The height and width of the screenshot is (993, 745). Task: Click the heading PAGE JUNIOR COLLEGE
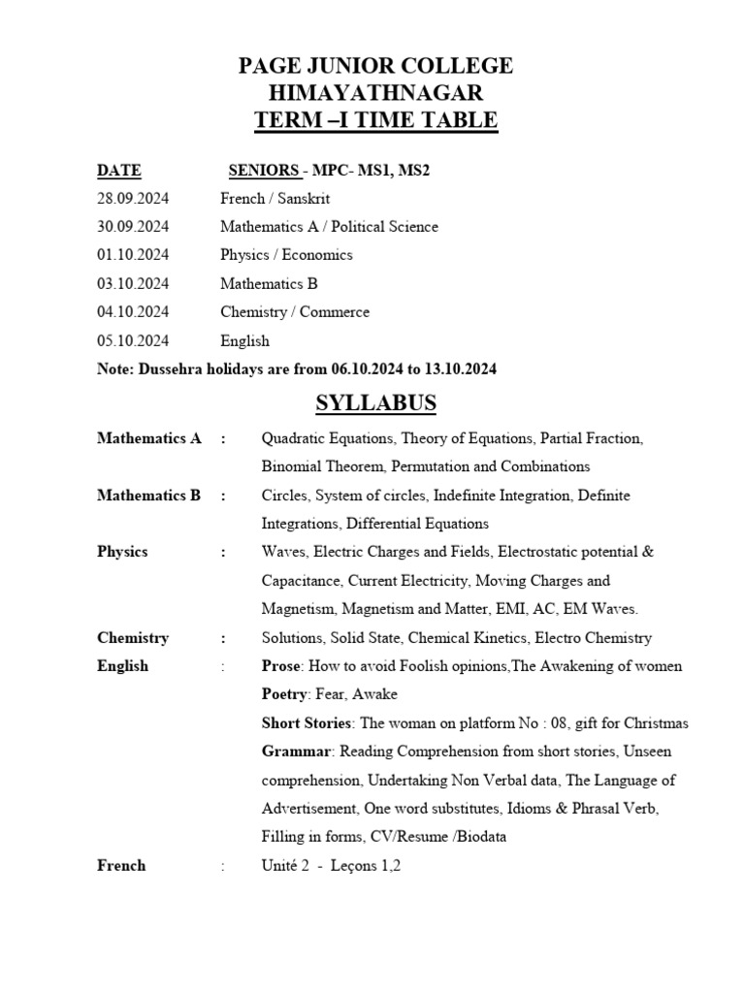coord(376,66)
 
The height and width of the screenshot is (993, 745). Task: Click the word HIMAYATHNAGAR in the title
coord(376,93)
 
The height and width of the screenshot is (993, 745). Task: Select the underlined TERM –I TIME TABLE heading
coord(376,120)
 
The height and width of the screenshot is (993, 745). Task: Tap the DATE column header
coord(118,171)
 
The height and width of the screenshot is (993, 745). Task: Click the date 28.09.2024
coord(133,199)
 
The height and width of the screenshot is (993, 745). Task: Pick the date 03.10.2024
coord(133,284)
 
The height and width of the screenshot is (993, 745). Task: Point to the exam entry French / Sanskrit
coord(275,199)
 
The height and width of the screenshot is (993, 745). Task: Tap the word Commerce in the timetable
coord(335,312)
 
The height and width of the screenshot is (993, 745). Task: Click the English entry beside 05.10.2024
coord(244,341)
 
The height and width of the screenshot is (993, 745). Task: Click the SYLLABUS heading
coord(376,403)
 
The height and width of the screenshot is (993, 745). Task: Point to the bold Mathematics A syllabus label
coord(148,438)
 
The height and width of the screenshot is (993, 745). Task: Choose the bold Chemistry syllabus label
coord(133,638)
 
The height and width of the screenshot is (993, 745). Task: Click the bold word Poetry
coord(285,694)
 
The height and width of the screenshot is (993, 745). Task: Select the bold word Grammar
coord(297,752)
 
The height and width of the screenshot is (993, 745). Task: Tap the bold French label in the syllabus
coord(121,865)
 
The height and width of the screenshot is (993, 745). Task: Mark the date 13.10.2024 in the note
coord(460,369)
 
